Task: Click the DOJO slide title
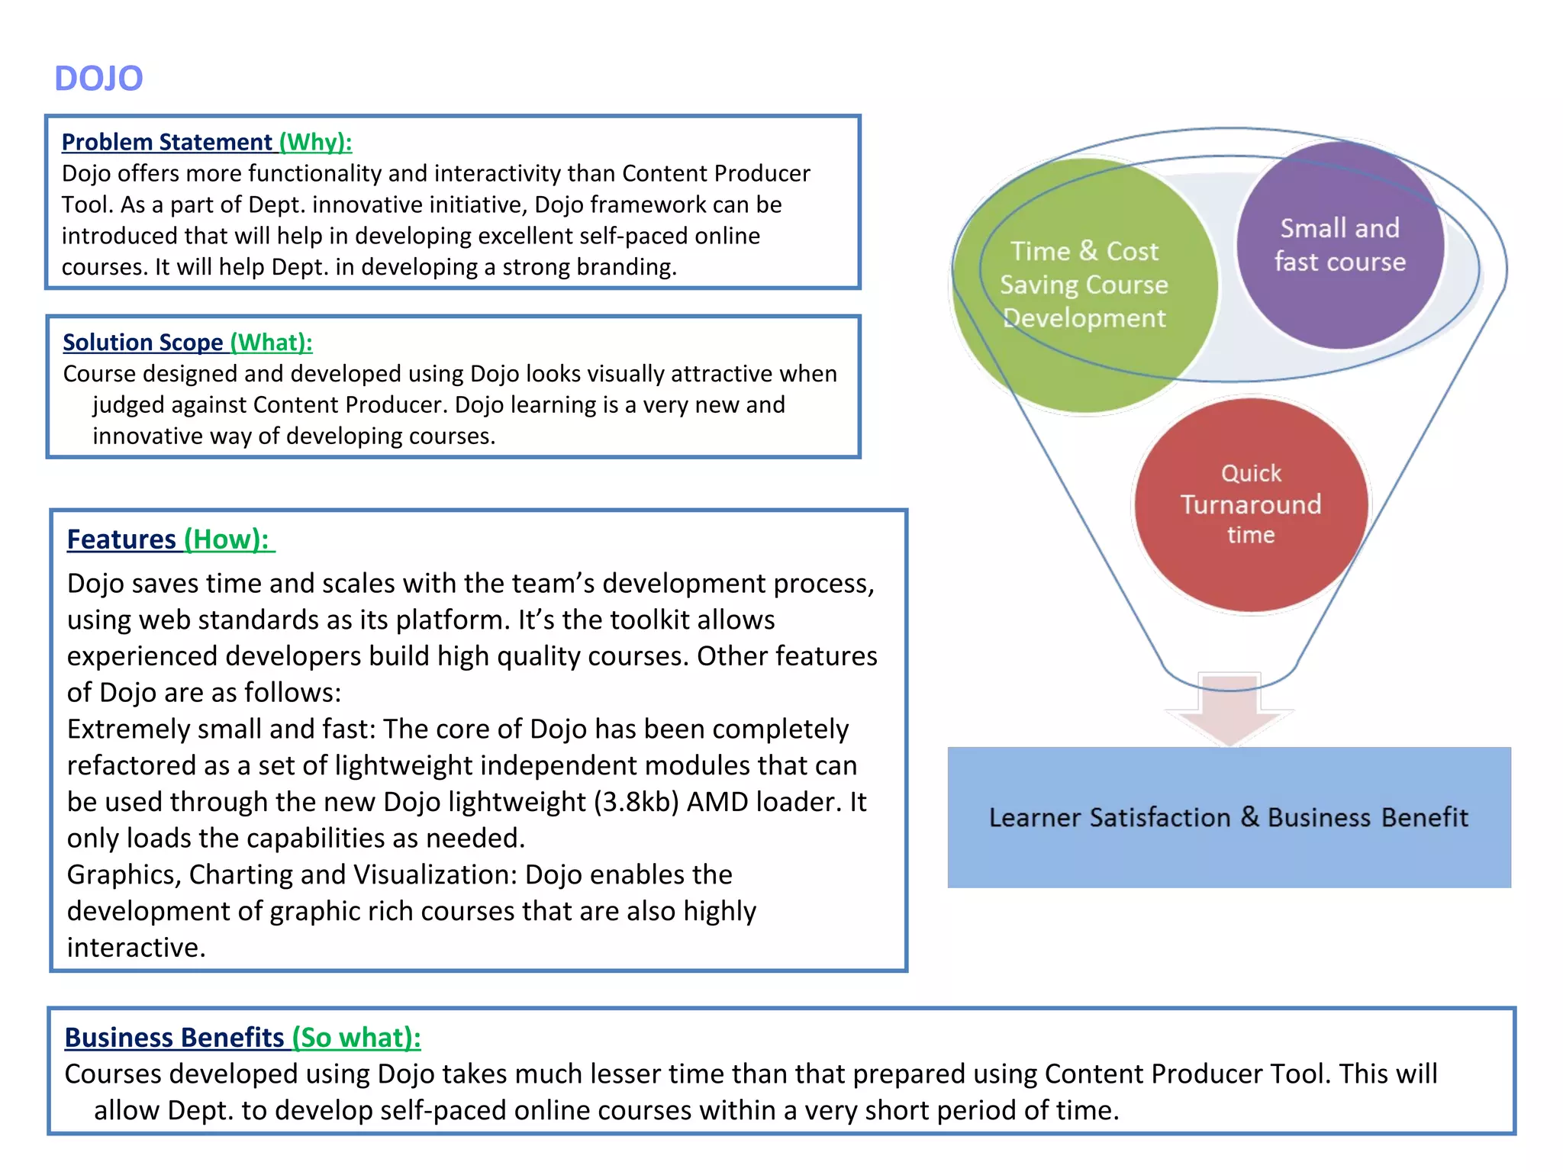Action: coord(98,79)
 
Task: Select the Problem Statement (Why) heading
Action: coord(206,142)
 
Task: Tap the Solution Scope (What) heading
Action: coord(187,343)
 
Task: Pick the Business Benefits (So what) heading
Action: coord(242,1038)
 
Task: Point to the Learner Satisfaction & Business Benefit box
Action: coord(1229,817)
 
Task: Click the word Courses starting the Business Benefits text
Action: coord(113,1074)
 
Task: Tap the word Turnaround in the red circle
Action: coord(1251,504)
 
